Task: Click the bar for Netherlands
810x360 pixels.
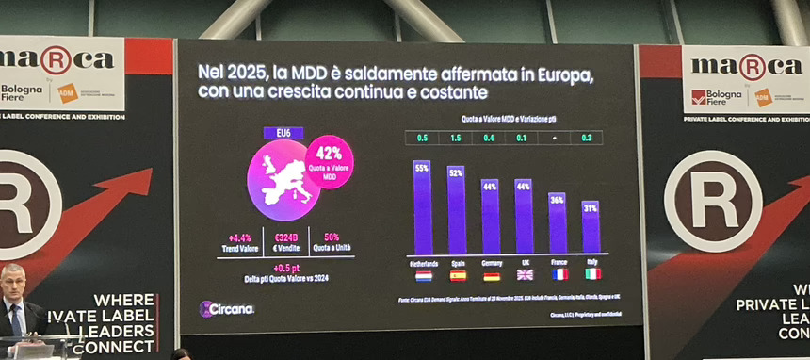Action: [x=422, y=209]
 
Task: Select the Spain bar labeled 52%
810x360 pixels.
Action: [x=457, y=212]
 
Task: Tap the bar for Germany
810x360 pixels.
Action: [x=491, y=219]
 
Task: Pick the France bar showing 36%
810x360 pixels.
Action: [x=558, y=224]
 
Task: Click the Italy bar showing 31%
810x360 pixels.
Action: [x=591, y=229]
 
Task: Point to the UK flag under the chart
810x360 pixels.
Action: [x=525, y=274]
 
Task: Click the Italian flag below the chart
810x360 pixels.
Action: [x=592, y=274]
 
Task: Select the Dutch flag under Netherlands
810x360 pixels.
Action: [x=423, y=276]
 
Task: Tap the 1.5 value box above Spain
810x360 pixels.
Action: [x=456, y=138]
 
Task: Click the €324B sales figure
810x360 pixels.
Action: [x=287, y=237]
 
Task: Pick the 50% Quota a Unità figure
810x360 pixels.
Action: [x=332, y=237]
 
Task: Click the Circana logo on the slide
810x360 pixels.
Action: [x=227, y=309]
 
